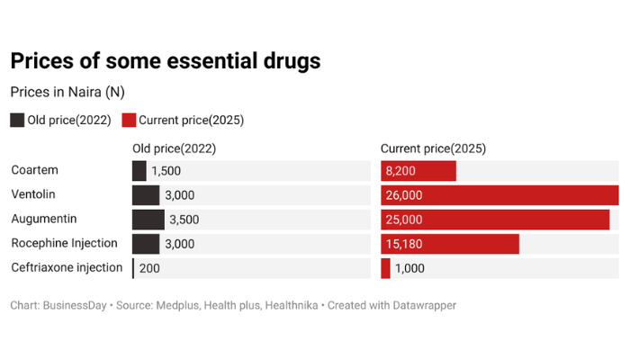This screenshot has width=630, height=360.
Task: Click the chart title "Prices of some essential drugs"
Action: click(x=165, y=61)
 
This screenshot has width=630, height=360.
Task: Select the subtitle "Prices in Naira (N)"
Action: click(x=67, y=92)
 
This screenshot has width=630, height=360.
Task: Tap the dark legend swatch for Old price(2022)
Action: click(x=17, y=120)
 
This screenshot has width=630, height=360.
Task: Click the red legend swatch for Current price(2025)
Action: click(x=129, y=120)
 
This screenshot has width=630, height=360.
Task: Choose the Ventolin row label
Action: click(x=32, y=194)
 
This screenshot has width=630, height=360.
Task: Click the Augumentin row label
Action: click(x=43, y=219)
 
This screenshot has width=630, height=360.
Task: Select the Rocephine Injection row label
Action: click(x=64, y=243)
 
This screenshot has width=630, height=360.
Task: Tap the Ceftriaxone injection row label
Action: click(x=67, y=267)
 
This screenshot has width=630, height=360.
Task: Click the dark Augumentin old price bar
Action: click(x=148, y=219)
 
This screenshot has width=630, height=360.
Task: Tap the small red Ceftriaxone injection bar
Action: click(x=385, y=268)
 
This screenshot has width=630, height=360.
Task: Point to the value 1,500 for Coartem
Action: click(x=166, y=171)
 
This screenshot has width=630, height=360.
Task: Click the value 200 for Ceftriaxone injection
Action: click(x=149, y=268)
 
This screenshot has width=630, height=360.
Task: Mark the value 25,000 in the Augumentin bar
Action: click(x=404, y=220)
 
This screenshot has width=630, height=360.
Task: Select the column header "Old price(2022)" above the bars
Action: click(x=174, y=148)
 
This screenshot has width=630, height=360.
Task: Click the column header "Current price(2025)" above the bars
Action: click(x=433, y=148)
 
